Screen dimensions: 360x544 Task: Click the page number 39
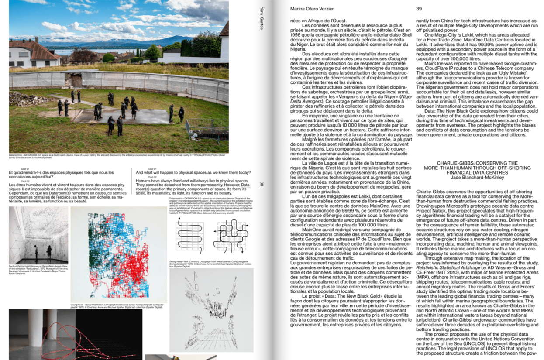419,8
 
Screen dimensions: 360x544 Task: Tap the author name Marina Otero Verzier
312,8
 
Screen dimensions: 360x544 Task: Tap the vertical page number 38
262,184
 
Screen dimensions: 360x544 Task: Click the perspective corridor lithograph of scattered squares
211,310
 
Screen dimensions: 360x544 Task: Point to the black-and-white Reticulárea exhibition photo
38,235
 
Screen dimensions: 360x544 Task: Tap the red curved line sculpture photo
75,334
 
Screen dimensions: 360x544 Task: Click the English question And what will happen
193,172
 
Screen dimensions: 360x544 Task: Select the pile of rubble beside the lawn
24,99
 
